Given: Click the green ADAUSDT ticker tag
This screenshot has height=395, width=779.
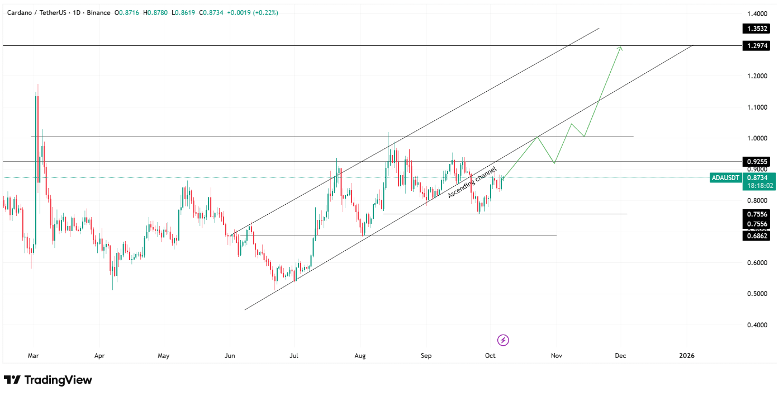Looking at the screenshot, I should pyautogui.click(x=725, y=178).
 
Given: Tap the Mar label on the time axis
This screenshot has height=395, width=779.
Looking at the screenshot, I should pyautogui.click(x=34, y=355).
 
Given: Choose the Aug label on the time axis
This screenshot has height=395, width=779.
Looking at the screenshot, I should pyautogui.click(x=360, y=355).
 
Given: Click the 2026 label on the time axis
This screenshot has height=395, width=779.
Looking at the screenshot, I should pyautogui.click(x=687, y=355).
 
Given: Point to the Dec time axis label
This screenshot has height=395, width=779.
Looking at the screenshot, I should pyautogui.click(x=620, y=355).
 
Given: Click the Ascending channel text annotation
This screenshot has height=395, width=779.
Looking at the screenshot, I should pyautogui.click(x=472, y=182).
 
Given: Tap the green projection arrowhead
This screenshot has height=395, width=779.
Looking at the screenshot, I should pyautogui.click(x=620, y=48).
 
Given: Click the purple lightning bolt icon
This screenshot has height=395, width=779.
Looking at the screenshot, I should pyautogui.click(x=503, y=340).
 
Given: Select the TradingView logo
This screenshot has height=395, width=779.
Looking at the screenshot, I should pyautogui.click(x=48, y=380).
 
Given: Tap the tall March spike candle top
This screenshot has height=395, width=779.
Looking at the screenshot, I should pyautogui.click(x=37, y=85).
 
